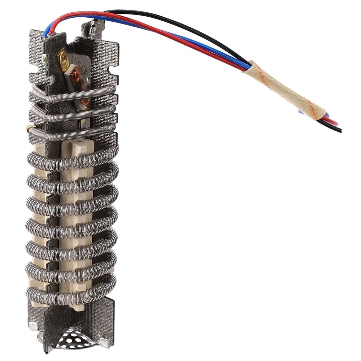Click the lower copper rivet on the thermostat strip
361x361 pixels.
[85, 102]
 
